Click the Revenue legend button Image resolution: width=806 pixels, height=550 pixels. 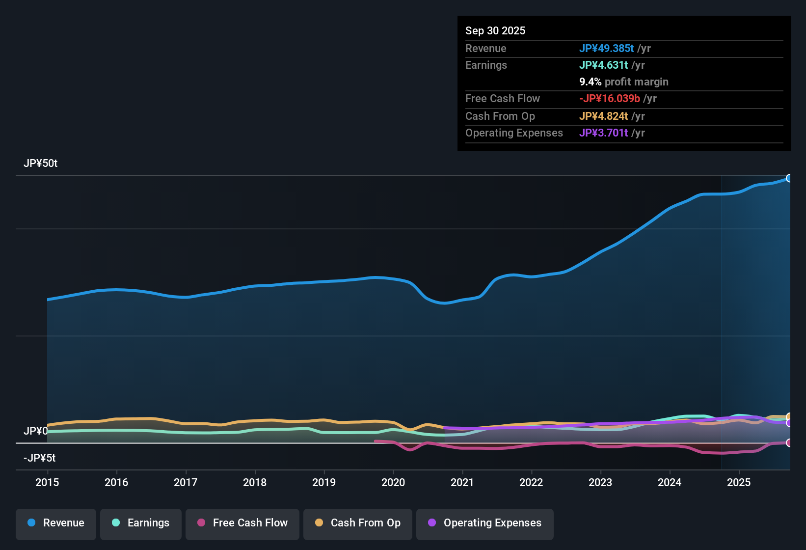coord(56,523)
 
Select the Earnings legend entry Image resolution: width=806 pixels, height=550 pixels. coord(141,523)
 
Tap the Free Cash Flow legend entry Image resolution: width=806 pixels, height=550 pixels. coord(242,523)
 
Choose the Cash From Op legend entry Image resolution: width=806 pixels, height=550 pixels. coord(358,523)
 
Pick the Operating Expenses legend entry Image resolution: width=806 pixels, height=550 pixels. coord(485,523)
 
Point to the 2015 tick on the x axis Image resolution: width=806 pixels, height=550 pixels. coord(47,482)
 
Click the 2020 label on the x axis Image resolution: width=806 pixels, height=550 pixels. coord(393,482)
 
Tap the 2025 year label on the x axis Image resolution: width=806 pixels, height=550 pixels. coord(739,482)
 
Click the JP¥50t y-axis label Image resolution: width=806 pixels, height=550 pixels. coord(40,164)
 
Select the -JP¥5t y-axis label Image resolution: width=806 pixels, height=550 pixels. coord(39,458)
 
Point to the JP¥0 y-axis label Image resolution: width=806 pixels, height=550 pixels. coord(35,431)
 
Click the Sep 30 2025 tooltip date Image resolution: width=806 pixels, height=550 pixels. coord(495,30)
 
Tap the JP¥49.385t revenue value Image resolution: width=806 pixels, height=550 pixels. coord(607,48)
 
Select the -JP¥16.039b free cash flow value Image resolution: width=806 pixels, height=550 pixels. coord(610,98)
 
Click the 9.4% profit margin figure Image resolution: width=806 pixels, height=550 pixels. coord(590,82)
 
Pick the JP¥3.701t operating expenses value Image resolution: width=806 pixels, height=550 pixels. coord(604,133)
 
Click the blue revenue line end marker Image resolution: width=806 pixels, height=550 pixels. coord(789,178)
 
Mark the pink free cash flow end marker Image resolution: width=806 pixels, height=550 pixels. coord(789,443)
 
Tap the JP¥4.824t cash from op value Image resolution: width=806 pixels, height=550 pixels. coord(604,116)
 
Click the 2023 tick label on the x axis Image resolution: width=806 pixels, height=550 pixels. coord(600,482)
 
